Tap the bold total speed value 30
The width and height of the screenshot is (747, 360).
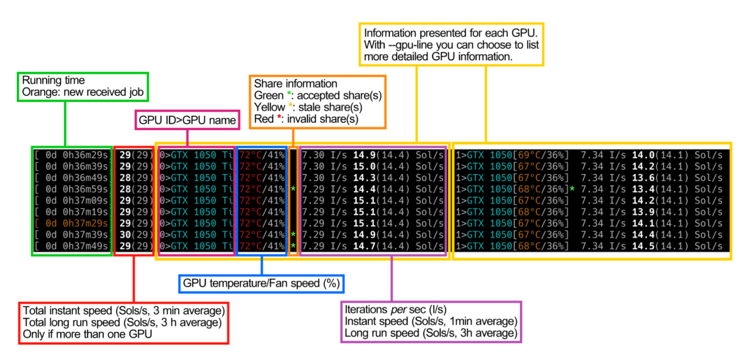pos(126,234)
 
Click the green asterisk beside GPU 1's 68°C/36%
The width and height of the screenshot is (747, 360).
pos(572,189)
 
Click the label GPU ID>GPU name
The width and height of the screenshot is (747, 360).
pos(185,120)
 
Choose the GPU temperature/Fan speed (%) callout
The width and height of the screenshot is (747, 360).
pos(261,284)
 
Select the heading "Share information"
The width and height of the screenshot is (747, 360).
pos(296,83)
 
